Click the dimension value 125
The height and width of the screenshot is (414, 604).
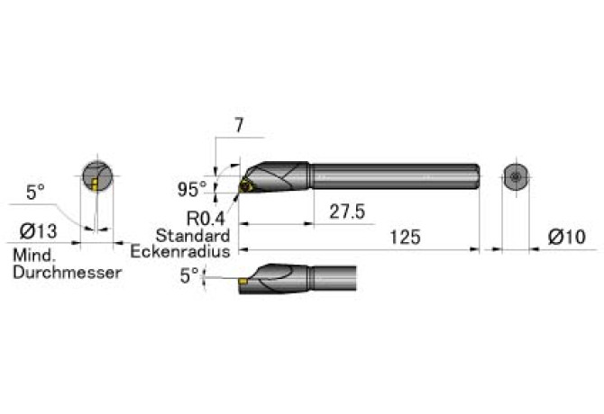coord(405,238)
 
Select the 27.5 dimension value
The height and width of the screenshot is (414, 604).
coord(347,211)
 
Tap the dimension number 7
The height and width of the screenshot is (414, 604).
coord(239,125)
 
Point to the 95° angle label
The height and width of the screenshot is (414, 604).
coord(192,190)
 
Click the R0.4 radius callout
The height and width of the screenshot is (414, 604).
coord(206,219)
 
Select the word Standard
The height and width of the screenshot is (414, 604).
coord(193,235)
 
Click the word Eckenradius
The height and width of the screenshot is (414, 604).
coord(180,252)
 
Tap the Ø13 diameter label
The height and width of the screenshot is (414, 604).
coord(38,231)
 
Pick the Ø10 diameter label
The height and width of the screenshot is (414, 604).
coord(567,237)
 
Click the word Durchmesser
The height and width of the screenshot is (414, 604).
coord(68,273)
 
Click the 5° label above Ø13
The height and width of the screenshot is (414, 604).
coord(35,192)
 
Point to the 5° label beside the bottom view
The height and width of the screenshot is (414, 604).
coord(189,275)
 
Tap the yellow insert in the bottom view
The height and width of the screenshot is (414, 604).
coord(243,282)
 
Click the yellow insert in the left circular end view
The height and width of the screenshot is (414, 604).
coord(95,184)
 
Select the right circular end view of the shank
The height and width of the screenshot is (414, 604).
coord(516,176)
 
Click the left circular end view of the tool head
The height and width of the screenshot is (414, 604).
coord(97,176)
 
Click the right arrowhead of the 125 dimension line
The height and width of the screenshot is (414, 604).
coord(474,250)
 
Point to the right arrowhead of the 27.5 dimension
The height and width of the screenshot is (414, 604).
coord(309,224)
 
